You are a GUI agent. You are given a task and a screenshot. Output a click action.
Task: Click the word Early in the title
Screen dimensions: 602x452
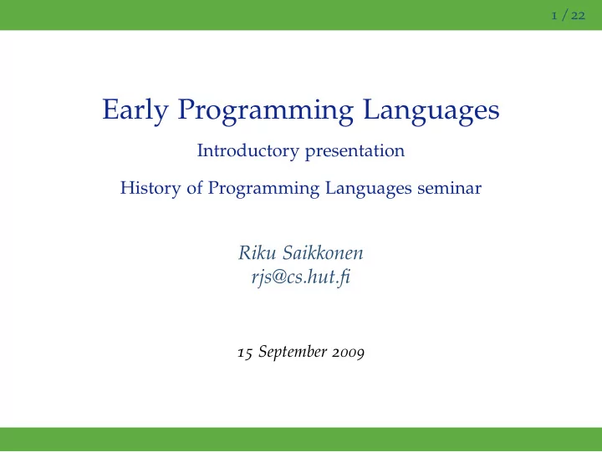(x=135, y=110)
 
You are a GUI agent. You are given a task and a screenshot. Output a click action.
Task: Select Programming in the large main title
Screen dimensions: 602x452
(x=265, y=111)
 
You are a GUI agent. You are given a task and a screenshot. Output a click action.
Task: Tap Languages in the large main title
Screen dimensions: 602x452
(x=431, y=111)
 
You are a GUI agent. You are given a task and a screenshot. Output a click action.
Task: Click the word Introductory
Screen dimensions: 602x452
(x=248, y=150)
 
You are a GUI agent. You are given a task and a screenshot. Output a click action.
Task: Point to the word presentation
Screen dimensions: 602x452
(x=355, y=151)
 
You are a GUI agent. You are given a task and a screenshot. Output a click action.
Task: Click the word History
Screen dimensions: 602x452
(x=150, y=188)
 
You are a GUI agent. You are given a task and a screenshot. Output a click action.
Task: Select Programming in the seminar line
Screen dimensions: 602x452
(x=263, y=189)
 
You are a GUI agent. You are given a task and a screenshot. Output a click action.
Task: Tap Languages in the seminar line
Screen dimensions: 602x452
(x=368, y=189)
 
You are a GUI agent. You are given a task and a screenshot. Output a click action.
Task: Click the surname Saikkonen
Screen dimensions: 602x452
(x=323, y=253)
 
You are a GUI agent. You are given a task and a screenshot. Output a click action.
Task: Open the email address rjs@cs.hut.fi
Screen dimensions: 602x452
(x=301, y=277)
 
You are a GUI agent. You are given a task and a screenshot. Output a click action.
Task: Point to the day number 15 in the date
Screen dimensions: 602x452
(x=245, y=353)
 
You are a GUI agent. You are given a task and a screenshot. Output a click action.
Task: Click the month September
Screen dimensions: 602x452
(x=293, y=353)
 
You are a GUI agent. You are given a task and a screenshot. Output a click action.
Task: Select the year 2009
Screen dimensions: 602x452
(x=348, y=353)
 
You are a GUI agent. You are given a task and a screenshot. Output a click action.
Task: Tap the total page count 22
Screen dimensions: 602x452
(x=578, y=16)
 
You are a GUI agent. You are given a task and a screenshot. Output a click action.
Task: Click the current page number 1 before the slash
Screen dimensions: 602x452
(x=554, y=16)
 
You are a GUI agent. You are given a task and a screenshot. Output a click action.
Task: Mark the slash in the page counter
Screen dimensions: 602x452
(x=564, y=15)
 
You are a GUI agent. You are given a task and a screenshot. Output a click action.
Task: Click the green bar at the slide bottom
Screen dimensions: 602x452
(x=301, y=439)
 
